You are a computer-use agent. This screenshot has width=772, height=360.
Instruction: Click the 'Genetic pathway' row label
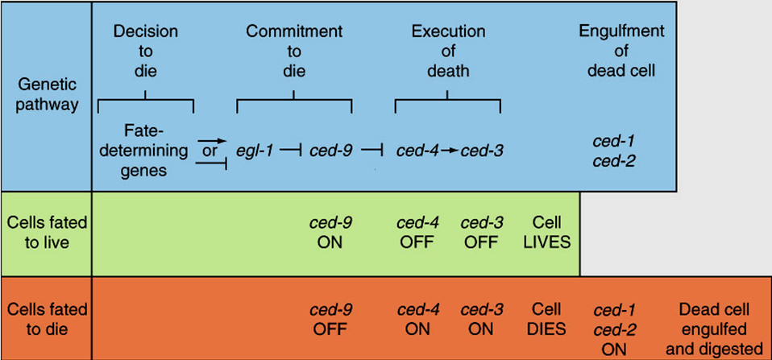[x=46, y=94]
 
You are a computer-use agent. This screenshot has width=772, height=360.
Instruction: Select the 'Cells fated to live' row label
[x=46, y=232]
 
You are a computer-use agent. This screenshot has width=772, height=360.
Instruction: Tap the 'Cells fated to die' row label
[x=46, y=320]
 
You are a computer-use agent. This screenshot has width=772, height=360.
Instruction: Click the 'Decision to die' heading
[x=145, y=51]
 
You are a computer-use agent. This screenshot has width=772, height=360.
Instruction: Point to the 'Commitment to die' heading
[x=294, y=51]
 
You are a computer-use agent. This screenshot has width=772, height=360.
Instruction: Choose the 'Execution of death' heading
[x=448, y=51]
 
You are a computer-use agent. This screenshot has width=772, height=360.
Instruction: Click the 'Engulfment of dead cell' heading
[x=621, y=51]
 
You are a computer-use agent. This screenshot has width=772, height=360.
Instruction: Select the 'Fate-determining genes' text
[x=145, y=150]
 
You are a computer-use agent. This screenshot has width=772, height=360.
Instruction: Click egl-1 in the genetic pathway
[x=253, y=151]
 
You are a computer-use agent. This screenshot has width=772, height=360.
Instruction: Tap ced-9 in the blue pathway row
[x=330, y=151]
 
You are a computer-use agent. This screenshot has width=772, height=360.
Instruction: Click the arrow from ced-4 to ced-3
[x=448, y=151]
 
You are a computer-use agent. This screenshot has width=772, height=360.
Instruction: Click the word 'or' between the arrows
[x=210, y=151]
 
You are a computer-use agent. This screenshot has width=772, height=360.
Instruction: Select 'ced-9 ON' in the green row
[x=330, y=232]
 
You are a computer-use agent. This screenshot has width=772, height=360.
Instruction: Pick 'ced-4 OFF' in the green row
[x=417, y=232]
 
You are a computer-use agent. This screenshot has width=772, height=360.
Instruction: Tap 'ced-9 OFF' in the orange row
[x=330, y=320]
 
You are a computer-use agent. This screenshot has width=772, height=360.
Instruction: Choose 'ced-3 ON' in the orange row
[x=481, y=320]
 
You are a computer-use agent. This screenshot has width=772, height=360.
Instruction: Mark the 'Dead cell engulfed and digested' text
[x=714, y=329]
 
